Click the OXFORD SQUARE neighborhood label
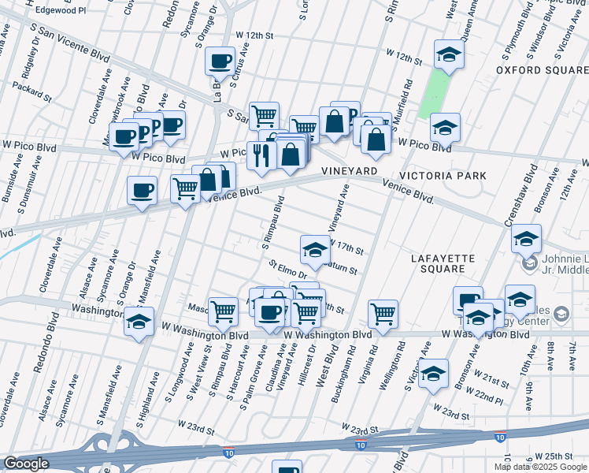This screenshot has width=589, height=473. (542, 70)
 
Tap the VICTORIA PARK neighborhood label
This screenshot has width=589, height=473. (443, 175)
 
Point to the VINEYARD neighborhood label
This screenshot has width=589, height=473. (345, 171)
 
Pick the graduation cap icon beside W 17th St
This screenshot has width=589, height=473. (314, 250)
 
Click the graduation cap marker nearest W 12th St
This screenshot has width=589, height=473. (449, 54)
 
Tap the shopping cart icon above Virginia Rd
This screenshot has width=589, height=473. (383, 313)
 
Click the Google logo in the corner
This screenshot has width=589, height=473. (25, 464)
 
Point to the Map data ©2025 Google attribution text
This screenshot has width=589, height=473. (541, 467)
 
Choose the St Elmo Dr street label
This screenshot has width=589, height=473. (287, 270)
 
